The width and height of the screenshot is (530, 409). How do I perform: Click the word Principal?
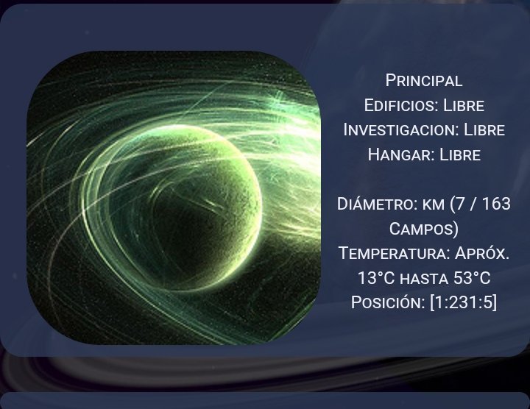tap(424, 81)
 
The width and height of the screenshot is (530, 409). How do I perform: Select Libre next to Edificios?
tap(464, 105)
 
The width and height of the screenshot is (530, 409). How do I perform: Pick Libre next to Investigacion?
tap(484, 130)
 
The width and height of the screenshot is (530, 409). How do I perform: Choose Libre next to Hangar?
tap(459, 154)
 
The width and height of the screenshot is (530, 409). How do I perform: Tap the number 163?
tap(496, 204)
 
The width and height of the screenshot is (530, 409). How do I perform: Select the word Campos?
tap(421, 229)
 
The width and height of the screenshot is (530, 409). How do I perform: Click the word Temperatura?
tap(394, 253)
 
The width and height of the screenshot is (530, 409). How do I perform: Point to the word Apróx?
tap(482, 253)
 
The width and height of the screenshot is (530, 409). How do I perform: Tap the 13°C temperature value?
tap(376, 278)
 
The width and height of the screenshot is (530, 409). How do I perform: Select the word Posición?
tap(388, 302)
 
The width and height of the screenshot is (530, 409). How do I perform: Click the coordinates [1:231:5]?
tap(464, 302)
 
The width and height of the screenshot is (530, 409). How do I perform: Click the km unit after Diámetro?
tap(434, 204)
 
